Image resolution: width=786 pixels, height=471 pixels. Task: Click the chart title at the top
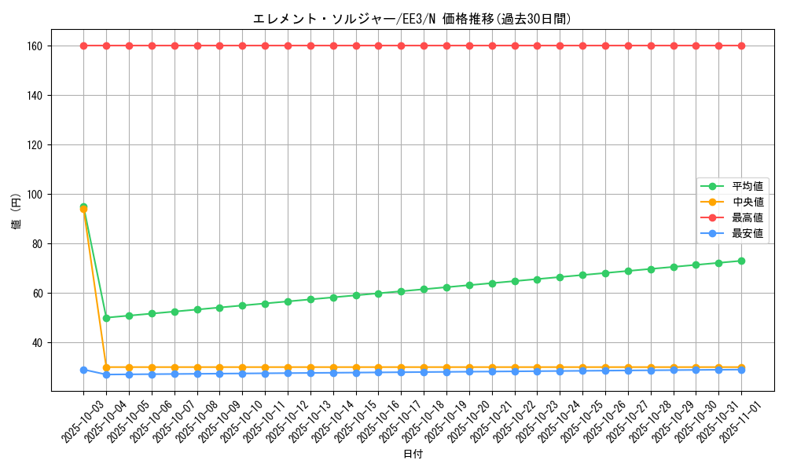[x=412, y=19]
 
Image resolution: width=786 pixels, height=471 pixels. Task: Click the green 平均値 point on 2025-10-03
[x=83, y=206]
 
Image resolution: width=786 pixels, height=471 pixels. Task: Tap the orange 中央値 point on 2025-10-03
[x=83, y=210]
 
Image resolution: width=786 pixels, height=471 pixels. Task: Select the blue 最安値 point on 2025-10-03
[x=83, y=370]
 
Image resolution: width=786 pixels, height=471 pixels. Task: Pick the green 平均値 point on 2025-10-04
[x=106, y=318]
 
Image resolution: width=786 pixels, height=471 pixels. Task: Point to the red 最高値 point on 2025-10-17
[x=401, y=46]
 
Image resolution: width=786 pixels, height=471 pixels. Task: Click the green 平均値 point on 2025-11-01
[x=741, y=261]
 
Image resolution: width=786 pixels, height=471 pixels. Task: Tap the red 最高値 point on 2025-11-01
[x=741, y=46]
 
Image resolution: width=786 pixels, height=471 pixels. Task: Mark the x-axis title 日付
[x=413, y=455]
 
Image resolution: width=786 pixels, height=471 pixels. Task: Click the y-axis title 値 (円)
[x=16, y=212]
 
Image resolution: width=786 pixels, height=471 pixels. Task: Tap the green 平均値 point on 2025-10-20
[x=469, y=285]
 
